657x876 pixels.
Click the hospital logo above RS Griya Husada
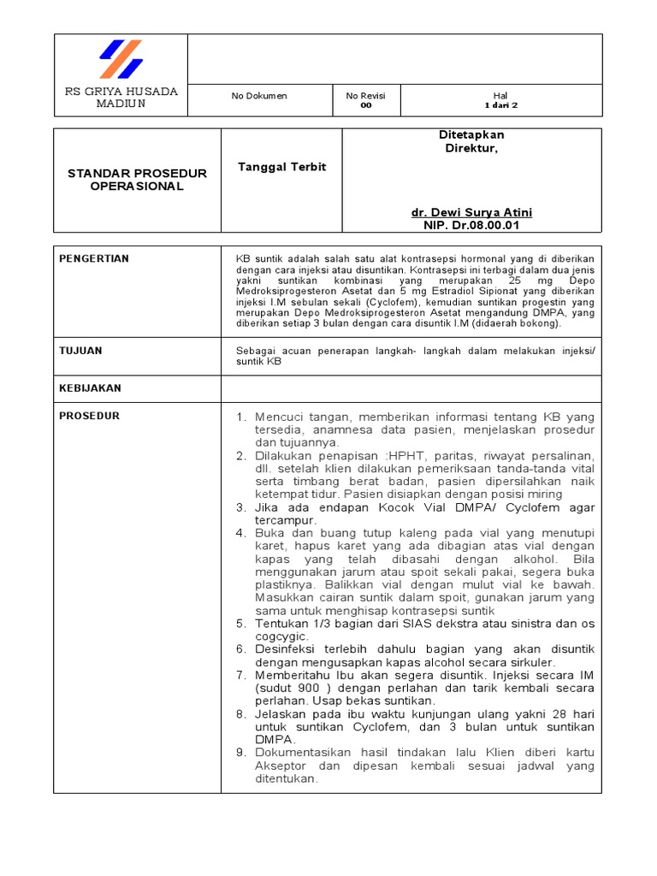coord(121,59)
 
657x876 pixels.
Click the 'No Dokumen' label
coord(259,96)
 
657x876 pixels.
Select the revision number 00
coord(365,106)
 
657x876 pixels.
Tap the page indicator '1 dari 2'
coord(500,106)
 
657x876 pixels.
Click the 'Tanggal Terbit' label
coord(281,167)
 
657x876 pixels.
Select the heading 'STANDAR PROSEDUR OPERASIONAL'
coord(137,180)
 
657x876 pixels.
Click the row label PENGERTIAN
coord(94,258)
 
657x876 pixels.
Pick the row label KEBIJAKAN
coord(90,388)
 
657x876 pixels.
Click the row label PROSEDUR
coord(89,416)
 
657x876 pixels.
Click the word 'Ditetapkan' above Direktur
coord(471,135)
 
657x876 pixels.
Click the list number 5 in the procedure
coord(240,624)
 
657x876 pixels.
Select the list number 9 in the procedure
coord(240,752)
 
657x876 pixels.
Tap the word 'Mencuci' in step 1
coord(282,417)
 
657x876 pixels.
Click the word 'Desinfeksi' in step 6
coord(289,649)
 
